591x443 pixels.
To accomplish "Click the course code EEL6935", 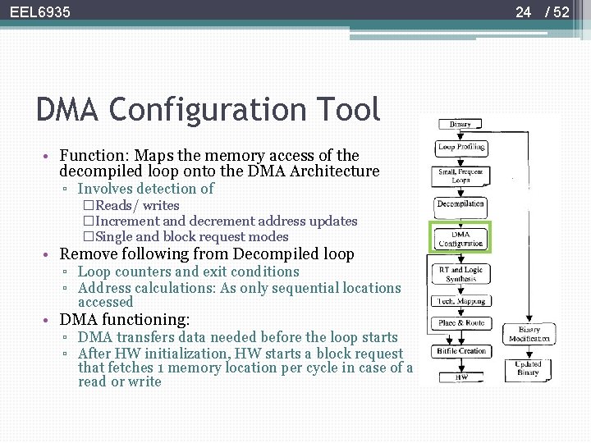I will (x=40, y=12).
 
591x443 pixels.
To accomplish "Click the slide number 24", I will (x=524, y=12).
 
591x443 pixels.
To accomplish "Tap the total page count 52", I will (x=561, y=12).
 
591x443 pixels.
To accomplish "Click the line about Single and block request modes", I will (x=186, y=236).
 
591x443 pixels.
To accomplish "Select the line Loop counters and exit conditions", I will (x=189, y=272).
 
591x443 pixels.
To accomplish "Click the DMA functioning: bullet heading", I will (x=125, y=320).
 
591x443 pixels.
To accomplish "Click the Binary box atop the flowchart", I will (x=460, y=125).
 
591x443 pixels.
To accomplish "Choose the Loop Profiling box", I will (x=460, y=148).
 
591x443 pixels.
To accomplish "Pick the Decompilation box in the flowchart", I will (x=460, y=203).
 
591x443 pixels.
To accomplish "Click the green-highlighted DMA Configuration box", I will (x=460, y=238).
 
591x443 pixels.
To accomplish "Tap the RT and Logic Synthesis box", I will (x=460, y=274).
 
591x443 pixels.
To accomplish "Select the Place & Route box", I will (x=460, y=323).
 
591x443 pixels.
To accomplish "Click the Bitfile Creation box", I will (x=460, y=351).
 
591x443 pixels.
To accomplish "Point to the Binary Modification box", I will (x=529, y=334).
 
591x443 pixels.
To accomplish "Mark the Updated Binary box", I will (x=528, y=368).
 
